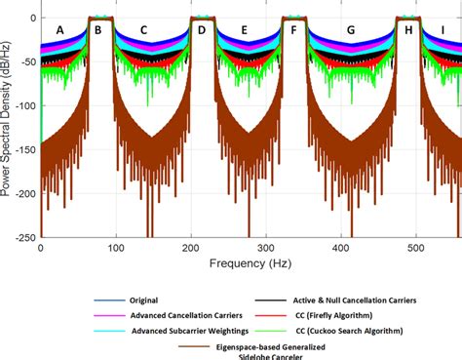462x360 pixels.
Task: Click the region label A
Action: click(60, 30)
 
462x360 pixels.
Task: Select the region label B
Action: click(97, 30)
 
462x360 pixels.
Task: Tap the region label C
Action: click(143, 30)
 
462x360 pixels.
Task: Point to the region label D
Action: click(201, 30)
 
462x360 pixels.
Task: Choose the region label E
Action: click(244, 30)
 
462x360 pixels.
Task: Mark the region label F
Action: click(293, 30)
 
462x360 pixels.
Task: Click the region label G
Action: click(350, 30)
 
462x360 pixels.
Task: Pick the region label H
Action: click(407, 30)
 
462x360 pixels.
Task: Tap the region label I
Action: click(444, 30)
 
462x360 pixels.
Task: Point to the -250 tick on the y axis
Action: click(24, 237)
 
